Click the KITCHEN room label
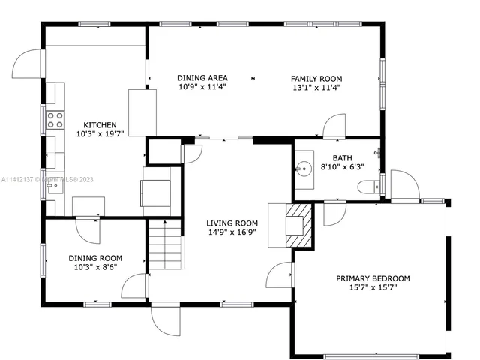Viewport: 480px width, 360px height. [100, 124]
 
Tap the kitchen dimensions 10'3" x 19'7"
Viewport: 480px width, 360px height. [100, 133]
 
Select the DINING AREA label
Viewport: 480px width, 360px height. [202, 78]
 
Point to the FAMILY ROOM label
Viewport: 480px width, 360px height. [316, 78]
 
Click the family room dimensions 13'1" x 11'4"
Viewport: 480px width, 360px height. [316, 87]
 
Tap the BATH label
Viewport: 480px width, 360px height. [342, 158]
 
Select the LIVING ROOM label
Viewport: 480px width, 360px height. [232, 223]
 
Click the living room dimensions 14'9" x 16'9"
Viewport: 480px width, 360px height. [232, 232]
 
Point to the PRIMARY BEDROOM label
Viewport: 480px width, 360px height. [373, 278]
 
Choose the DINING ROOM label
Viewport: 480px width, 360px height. [95, 258]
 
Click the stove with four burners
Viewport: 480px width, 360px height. [55, 120]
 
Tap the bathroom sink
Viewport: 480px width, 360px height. [306, 166]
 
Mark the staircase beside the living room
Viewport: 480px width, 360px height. [164, 247]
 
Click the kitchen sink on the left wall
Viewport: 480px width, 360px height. [54, 184]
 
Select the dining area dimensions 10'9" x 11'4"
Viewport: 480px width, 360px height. [202, 87]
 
